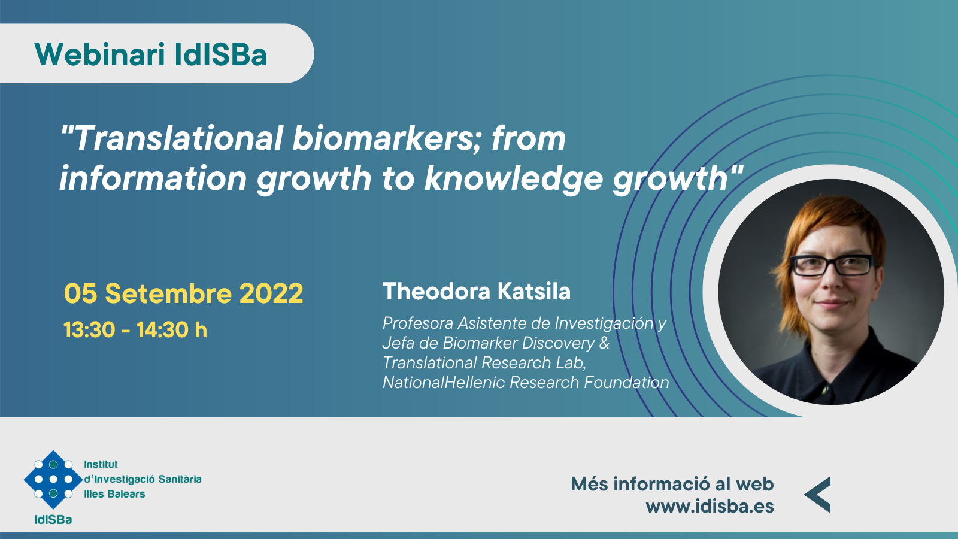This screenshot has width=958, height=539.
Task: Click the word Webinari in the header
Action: (x=99, y=54)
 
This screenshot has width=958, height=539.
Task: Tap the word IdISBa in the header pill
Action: (x=221, y=54)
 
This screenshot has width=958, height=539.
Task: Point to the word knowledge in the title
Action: (x=514, y=179)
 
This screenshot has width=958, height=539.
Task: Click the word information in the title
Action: (x=153, y=178)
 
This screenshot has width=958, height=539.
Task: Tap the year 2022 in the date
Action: (x=271, y=293)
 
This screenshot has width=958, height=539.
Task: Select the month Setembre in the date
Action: (x=168, y=293)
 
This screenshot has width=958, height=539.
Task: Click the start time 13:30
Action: (x=89, y=330)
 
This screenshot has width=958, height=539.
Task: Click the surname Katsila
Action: (x=533, y=292)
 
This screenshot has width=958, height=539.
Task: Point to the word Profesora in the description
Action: (x=418, y=323)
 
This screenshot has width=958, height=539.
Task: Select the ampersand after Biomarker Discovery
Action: (x=604, y=343)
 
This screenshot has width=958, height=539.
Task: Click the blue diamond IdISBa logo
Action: (x=53, y=479)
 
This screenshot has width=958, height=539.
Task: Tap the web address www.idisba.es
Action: (x=710, y=507)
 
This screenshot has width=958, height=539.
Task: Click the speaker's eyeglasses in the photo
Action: (x=832, y=265)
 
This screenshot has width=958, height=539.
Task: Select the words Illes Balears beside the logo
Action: (x=114, y=494)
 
